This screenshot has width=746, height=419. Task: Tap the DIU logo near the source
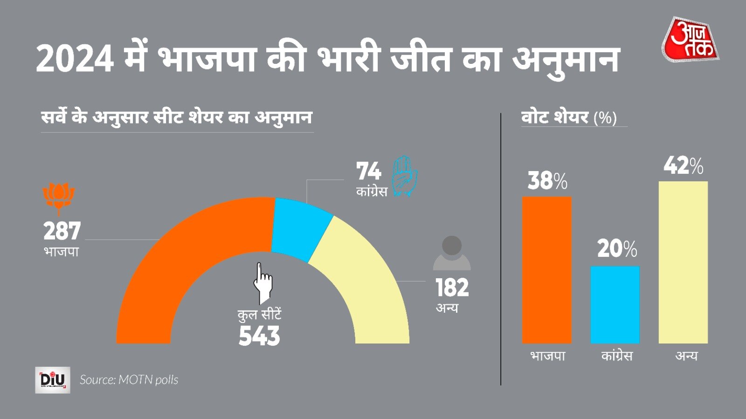point(53,380)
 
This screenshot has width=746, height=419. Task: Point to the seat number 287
point(62,231)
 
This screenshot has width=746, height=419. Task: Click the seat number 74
point(368,171)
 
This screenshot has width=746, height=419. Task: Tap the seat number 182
point(452,288)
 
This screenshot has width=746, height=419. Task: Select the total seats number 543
point(259,336)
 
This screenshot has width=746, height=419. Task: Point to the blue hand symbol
point(404,176)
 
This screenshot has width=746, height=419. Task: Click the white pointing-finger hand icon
point(262,282)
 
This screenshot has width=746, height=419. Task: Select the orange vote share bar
point(546,270)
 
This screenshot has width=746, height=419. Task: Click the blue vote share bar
point(615,305)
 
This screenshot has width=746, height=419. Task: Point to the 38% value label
point(547,181)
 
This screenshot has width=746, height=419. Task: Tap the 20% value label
point(617,249)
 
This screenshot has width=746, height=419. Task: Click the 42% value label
point(684,166)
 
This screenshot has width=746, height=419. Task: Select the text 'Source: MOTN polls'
point(129,380)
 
